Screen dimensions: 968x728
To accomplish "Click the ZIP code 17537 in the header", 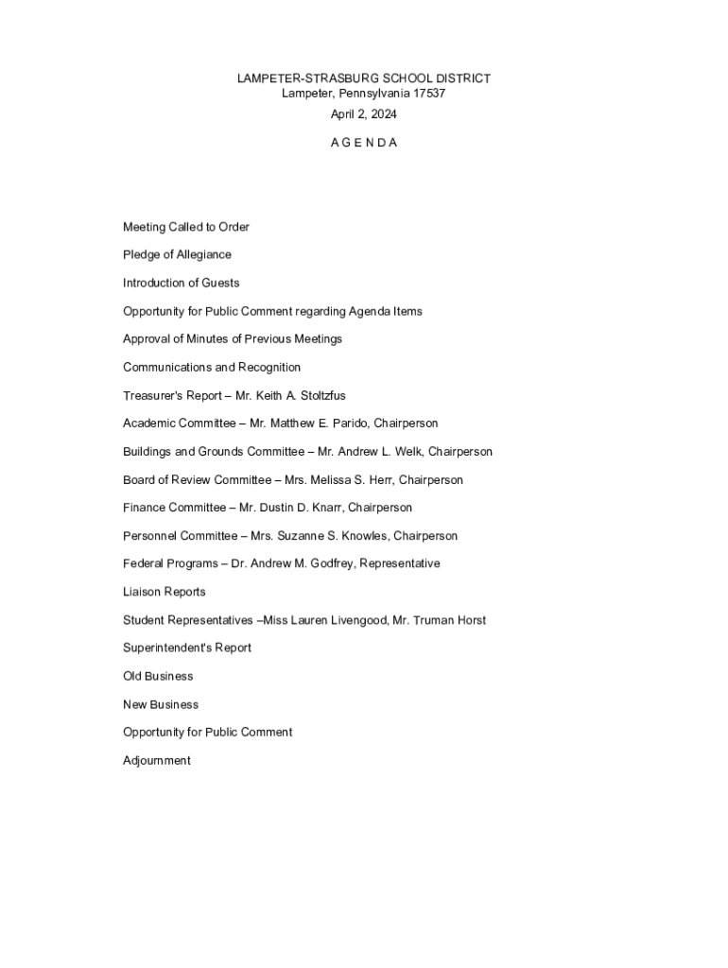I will pos(427,94).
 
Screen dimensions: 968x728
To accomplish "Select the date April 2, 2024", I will pos(364,114).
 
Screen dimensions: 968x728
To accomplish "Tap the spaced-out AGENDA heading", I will pos(364,143).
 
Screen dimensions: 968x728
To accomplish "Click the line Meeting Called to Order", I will pos(186,227).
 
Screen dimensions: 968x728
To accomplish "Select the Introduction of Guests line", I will pos(182,283).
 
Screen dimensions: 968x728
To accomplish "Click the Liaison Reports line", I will pos(165,592).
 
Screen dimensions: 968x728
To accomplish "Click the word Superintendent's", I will pos(167,648).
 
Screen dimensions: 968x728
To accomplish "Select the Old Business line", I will pos(158,676).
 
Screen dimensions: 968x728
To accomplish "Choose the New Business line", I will pos(161,704).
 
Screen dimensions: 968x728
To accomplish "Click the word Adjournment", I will pos(157,760).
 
